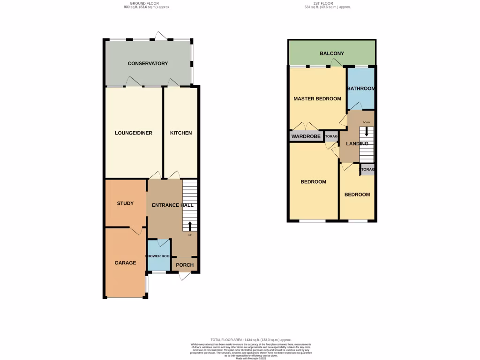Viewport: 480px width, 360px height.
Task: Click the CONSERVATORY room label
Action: click(x=148, y=63)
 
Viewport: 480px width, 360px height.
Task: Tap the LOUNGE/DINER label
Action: click(x=134, y=133)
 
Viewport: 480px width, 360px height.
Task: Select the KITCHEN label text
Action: click(x=180, y=133)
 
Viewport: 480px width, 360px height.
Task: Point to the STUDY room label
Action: click(x=125, y=203)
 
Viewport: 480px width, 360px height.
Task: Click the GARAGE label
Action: click(x=125, y=263)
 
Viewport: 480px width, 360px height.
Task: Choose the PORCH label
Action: click(x=185, y=265)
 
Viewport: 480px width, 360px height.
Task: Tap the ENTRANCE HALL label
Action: click(x=172, y=205)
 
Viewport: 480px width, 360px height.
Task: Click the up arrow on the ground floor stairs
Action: click(x=190, y=226)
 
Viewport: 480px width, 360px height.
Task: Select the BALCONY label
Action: click(x=332, y=53)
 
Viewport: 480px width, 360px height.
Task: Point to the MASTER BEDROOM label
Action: click(x=317, y=99)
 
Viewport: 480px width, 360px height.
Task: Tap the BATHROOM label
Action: click(x=360, y=89)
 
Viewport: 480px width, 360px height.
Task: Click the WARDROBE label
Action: click(x=306, y=137)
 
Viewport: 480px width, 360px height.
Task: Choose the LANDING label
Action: click(x=357, y=143)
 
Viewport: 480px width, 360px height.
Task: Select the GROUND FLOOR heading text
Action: click(x=144, y=3)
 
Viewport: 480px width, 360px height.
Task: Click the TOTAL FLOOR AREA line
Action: click(x=251, y=340)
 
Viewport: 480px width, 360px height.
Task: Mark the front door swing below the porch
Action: click(x=186, y=277)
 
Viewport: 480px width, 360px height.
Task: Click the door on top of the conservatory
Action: click(x=161, y=36)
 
